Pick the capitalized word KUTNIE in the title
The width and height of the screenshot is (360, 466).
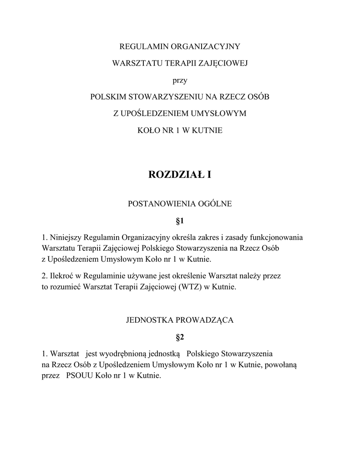(208, 130)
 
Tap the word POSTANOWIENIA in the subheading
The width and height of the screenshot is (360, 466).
(159, 203)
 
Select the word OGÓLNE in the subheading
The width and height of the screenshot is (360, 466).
(214, 203)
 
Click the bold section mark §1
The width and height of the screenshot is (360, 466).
(179, 221)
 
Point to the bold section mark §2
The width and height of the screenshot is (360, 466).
(179, 337)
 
